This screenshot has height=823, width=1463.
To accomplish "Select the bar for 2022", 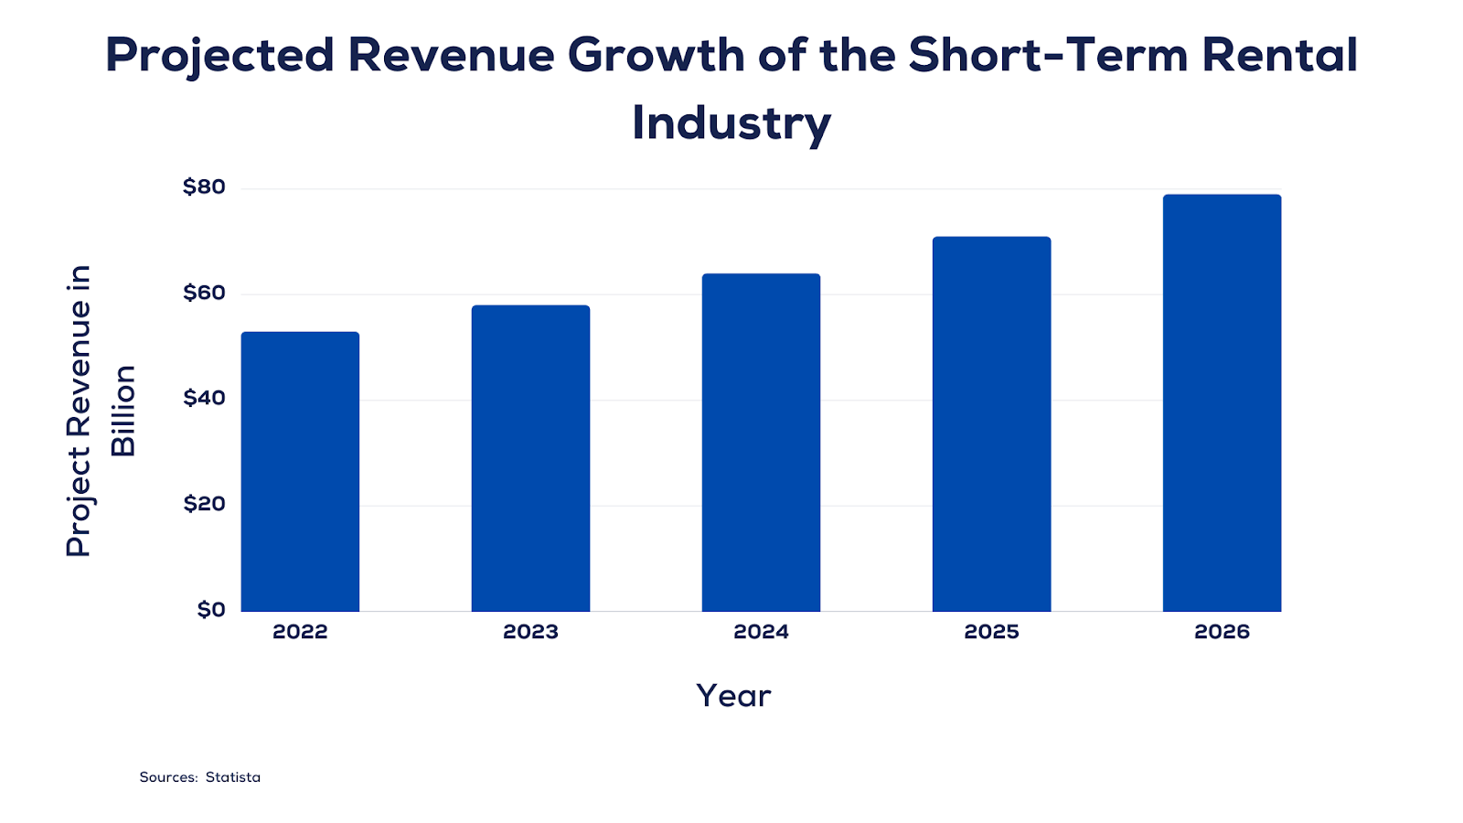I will [300, 472].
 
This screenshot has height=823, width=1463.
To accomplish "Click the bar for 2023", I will [530, 458].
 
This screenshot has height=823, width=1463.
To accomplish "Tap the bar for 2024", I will [761, 443].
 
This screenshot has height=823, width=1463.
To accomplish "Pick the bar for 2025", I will [991, 424].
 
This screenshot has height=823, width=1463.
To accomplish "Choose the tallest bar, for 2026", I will [1222, 403].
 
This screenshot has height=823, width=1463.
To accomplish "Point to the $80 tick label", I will [204, 187].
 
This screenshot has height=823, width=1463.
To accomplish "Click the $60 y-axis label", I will [204, 294].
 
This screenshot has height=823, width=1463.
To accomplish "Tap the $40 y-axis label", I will [204, 399].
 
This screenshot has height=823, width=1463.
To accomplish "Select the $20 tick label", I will [204, 504].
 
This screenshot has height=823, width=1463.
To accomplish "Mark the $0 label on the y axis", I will [211, 610].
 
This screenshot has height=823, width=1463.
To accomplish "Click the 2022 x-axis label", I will [300, 632].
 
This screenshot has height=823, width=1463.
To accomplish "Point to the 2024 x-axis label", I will [761, 632].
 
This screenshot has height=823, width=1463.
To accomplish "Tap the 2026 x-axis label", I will [1222, 632].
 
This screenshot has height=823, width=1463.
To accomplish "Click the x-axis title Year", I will [733, 696].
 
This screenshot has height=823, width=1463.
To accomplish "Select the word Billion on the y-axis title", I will [123, 411].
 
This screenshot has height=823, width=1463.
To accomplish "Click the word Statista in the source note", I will [233, 777].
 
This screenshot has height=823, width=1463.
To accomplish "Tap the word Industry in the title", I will [731, 123].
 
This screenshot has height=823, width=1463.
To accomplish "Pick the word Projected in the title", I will [220, 55].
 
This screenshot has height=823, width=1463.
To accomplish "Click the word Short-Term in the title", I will [1047, 55].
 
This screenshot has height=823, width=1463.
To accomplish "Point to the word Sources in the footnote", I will [168, 777].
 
